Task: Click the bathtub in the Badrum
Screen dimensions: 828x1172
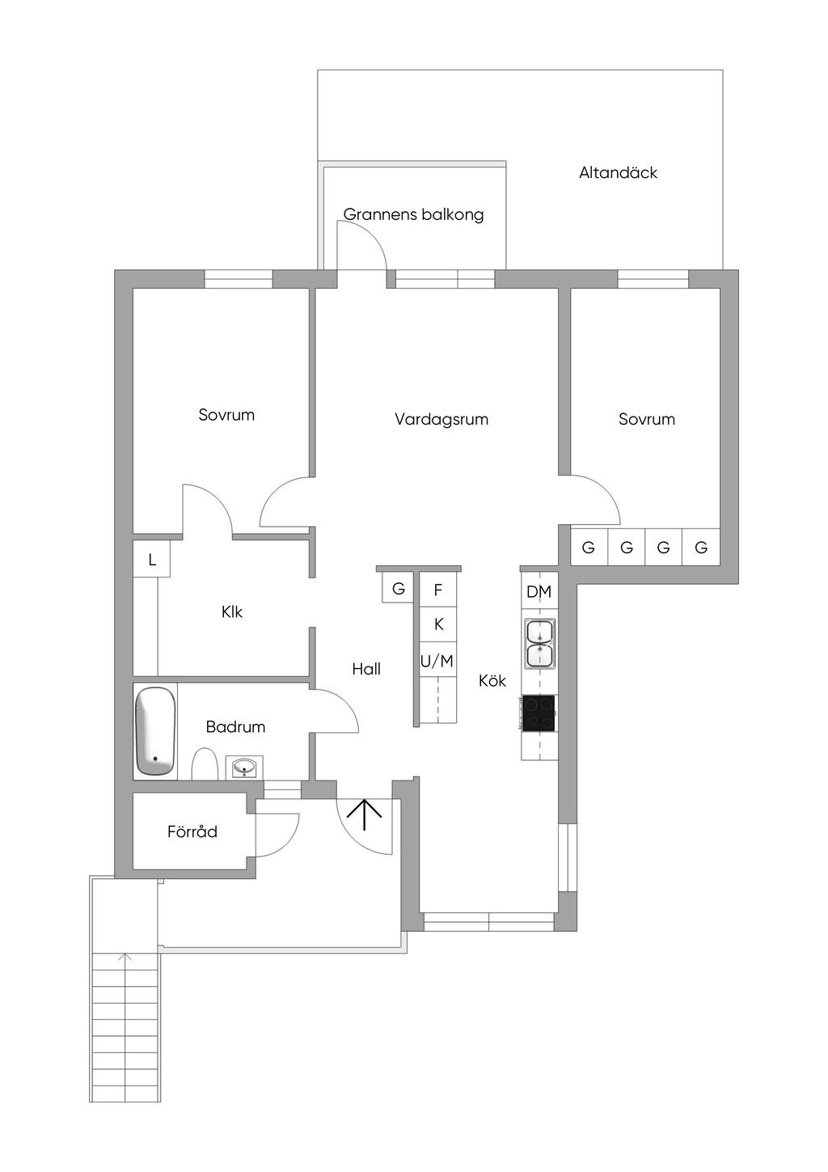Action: click(x=154, y=730)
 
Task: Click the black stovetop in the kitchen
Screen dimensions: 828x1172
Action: click(x=539, y=713)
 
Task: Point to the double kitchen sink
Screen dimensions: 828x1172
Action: click(x=540, y=644)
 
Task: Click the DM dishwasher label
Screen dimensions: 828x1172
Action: click(x=539, y=592)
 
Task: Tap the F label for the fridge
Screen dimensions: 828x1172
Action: click(x=438, y=590)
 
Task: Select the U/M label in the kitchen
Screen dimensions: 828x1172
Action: click(x=437, y=662)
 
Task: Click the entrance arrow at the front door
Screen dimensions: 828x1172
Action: click(x=364, y=814)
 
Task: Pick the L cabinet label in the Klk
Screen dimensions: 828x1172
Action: click(x=152, y=561)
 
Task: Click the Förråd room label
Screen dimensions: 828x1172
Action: click(x=192, y=831)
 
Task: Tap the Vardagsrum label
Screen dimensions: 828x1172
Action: click(x=441, y=419)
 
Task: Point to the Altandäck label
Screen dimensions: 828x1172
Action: click(x=618, y=172)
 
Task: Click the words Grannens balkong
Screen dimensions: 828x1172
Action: click(x=413, y=214)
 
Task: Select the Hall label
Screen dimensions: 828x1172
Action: click(x=366, y=669)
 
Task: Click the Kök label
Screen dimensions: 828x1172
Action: click(x=492, y=680)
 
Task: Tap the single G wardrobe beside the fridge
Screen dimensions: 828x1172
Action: click(x=399, y=589)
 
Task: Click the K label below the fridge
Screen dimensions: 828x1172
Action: click(x=439, y=624)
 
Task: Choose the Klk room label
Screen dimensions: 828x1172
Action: click(x=232, y=611)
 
